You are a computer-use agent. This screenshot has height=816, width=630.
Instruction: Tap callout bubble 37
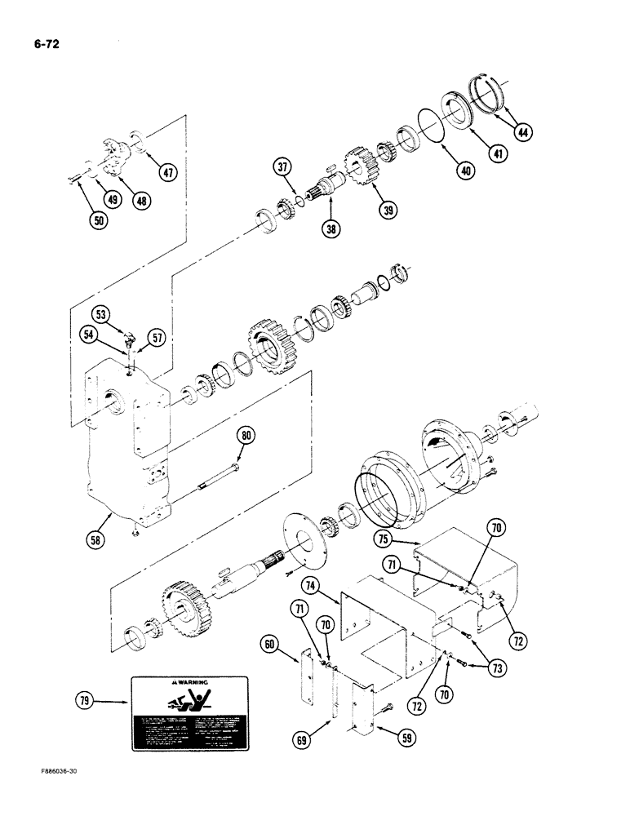coord(282,168)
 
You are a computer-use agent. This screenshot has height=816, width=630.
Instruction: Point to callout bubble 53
coord(101,314)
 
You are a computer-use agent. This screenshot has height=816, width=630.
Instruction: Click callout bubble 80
coord(246,435)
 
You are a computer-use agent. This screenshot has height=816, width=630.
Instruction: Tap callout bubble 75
coord(384,538)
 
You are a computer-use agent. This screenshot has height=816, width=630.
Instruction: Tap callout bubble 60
coord(270,644)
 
